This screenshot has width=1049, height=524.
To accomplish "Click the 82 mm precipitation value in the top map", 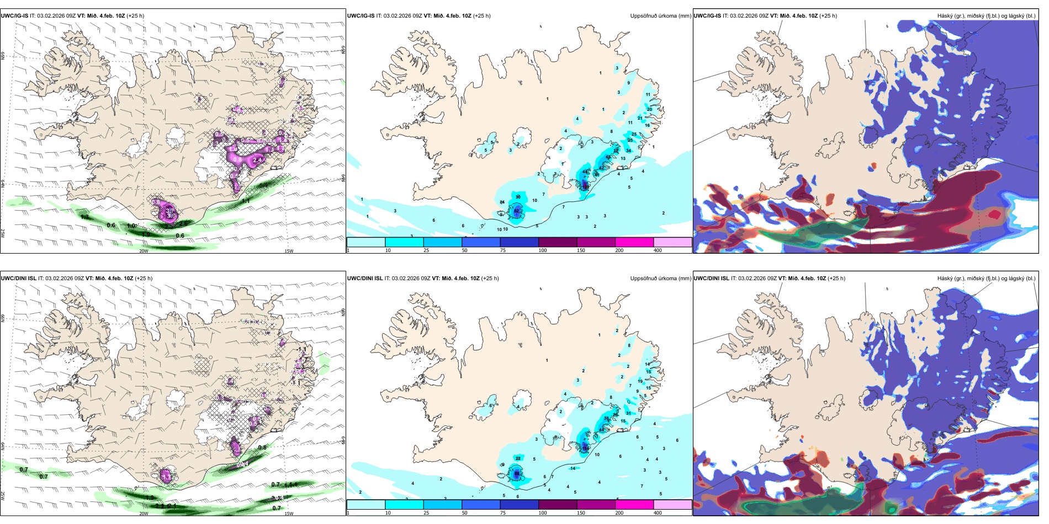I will click(x=517, y=211).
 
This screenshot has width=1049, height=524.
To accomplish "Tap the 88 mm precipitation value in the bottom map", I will click(x=517, y=473).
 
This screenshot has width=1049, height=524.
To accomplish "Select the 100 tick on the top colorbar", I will click(x=543, y=250).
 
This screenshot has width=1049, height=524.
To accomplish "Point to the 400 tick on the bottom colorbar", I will click(x=658, y=513).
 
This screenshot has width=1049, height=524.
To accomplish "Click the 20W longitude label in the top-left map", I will click(x=144, y=251).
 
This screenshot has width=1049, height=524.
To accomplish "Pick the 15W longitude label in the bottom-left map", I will click(x=288, y=514).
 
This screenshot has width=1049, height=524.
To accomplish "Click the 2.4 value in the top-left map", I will click(x=257, y=160).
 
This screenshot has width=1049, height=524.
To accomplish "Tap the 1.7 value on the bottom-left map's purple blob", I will click(x=166, y=475).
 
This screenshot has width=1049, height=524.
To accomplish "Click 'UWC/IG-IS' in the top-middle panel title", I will click(x=361, y=16).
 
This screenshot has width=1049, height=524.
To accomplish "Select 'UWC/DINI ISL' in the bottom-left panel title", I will click(x=19, y=279).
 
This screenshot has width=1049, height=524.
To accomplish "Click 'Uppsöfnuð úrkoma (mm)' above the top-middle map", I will click(x=660, y=16).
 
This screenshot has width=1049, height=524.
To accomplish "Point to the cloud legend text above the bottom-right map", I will click(x=986, y=279).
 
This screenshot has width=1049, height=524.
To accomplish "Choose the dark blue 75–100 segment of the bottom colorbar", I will click(x=519, y=505).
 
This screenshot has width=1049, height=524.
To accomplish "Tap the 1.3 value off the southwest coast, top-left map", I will click(x=84, y=217).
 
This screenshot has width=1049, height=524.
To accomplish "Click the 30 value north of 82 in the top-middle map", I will click(x=518, y=197).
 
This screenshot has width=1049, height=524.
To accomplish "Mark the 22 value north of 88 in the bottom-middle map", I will click(x=518, y=458).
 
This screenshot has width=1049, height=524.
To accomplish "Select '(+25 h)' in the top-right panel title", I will click(x=829, y=16).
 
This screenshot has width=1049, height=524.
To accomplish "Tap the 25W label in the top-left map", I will click(x=3, y=233).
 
